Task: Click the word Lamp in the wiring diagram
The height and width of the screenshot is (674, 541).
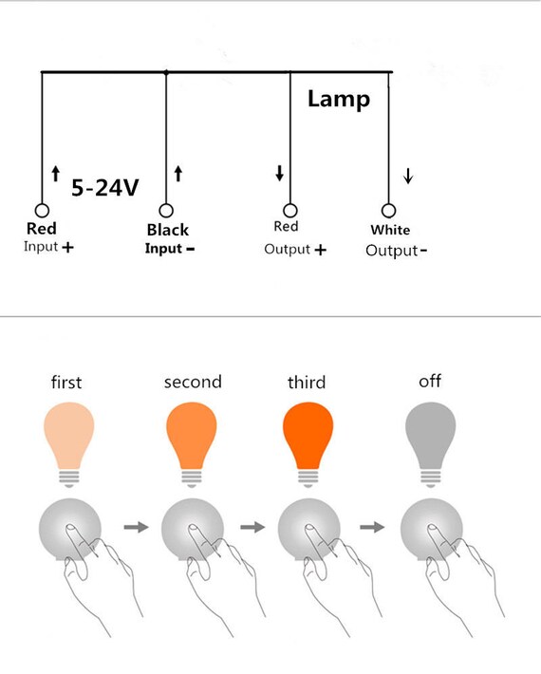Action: click(x=339, y=100)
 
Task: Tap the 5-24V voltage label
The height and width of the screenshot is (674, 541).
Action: click(x=105, y=188)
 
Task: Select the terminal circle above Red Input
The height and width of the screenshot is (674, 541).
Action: click(x=42, y=211)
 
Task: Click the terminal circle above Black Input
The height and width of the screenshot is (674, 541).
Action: click(x=166, y=211)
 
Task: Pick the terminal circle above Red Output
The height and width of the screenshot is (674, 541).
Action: click(x=290, y=211)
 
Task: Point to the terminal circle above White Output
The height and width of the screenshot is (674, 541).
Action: click(x=388, y=211)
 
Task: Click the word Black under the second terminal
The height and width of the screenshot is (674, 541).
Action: click(x=168, y=230)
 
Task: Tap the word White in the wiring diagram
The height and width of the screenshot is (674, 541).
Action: click(x=390, y=230)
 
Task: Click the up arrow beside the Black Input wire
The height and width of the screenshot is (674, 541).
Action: click(x=178, y=174)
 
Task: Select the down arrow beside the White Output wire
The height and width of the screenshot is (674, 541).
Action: click(x=408, y=176)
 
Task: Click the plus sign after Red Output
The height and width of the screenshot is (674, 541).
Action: click(x=320, y=250)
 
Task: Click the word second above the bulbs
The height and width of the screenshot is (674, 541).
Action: click(x=193, y=382)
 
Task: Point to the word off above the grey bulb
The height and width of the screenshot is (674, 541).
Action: click(x=430, y=381)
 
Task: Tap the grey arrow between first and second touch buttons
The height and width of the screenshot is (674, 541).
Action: click(x=137, y=527)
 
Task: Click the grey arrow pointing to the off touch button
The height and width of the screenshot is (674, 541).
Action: click(x=372, y=527)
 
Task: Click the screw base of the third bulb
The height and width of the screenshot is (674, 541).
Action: click(x=308, y=478)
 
